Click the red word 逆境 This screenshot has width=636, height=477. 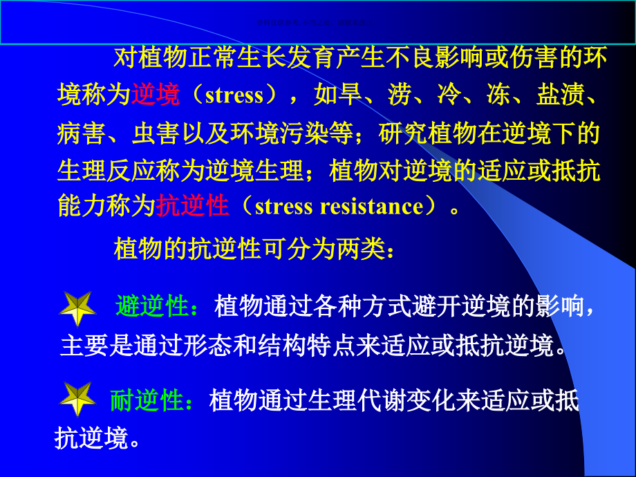pos(156,95)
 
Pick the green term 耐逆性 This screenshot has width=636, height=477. pos(147,400)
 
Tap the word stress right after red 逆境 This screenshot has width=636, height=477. pos(234,95)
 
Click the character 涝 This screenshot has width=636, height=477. pos(400,95)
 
